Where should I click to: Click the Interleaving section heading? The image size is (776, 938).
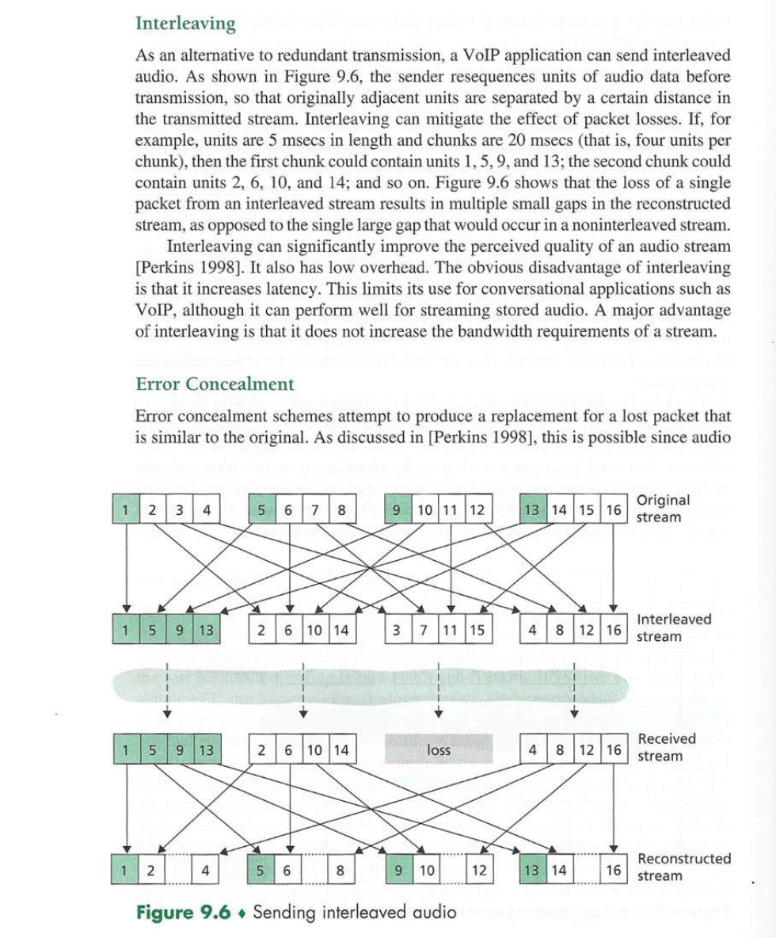[185, 24]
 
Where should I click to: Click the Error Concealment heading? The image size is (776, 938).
[215, 384]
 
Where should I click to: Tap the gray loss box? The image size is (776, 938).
[438, 749]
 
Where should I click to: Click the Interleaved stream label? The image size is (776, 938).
[674, 627]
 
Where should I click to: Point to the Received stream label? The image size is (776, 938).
[666, 747]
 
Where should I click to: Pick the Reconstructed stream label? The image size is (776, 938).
[684, 867]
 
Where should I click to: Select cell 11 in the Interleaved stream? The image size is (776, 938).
[450, 631]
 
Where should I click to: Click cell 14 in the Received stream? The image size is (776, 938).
[340, 749]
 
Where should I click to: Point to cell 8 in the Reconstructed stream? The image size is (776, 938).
[340, 870]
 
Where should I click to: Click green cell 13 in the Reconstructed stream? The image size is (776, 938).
[531, 870]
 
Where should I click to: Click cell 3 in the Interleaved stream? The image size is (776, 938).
[396, 631]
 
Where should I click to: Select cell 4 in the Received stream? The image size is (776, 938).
[534, 749]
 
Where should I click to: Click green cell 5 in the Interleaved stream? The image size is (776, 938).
[151, 631]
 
